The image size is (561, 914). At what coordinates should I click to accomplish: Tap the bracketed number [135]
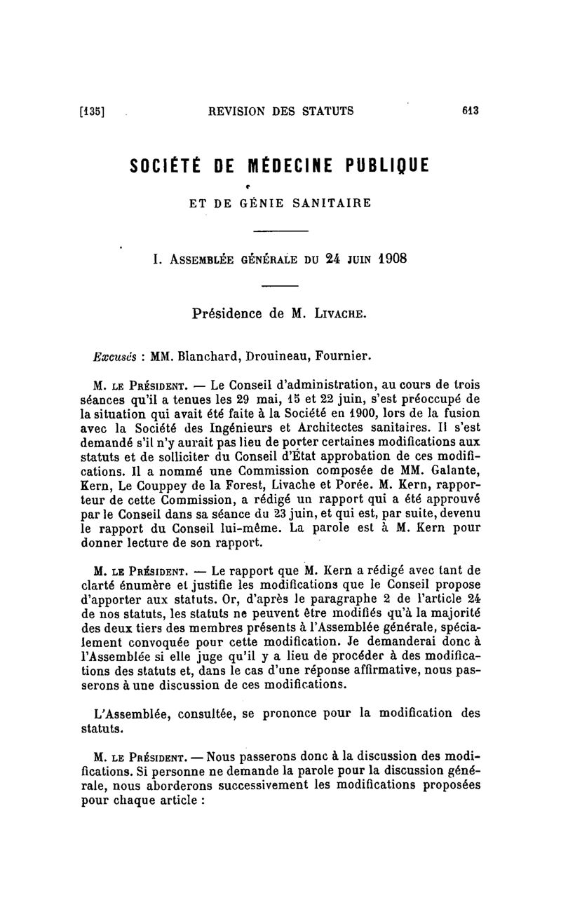pyautogui.click(x=93, y=111)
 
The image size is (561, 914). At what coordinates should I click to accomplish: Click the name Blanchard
pyautogui.click(x=207, y=355)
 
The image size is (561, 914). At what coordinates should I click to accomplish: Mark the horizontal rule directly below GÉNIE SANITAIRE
pyautogui.click(x=280, y=231)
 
